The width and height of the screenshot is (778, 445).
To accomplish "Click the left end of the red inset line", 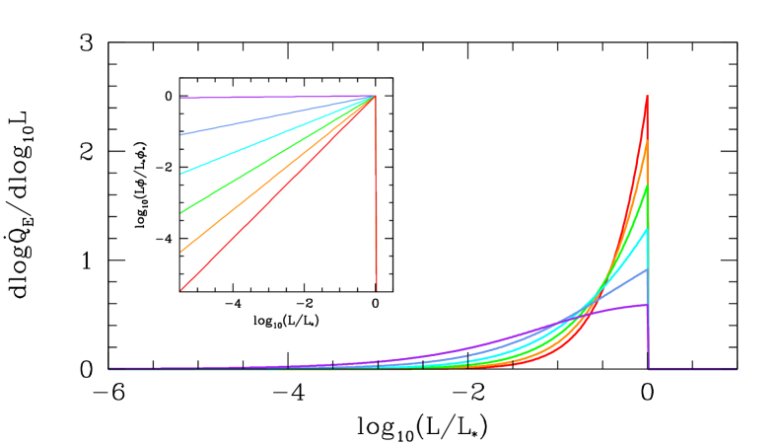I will click(181, 290).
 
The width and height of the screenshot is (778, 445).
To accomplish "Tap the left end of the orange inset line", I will click(181, 252).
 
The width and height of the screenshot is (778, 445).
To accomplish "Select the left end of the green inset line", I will click(181, 212).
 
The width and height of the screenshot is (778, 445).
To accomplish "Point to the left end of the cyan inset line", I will click(181, 174).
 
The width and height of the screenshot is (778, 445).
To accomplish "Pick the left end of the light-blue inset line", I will click(181, 134).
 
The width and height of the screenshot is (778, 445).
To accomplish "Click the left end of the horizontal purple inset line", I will click(181, 98).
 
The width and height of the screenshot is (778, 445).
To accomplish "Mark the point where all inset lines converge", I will click(376, 97).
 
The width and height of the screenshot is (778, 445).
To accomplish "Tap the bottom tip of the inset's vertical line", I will click(377, 290).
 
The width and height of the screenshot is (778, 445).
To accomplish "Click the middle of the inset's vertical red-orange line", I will click(376, 193).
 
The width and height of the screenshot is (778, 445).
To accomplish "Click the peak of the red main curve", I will click(647, 96).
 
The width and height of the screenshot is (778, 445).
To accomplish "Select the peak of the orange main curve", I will click(647, 141).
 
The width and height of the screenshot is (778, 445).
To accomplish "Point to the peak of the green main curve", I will click(647, 186).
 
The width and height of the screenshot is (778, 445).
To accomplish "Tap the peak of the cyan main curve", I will click(647, 229).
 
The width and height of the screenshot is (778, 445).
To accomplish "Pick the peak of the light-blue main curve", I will click(647, 268).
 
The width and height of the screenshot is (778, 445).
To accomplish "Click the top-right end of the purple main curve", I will click(647, 305).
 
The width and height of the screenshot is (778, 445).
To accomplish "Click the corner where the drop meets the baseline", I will click(649, 368).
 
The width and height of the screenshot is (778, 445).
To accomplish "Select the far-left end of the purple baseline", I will click(108, 368).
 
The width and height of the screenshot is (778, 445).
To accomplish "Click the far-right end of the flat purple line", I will click(737, 368).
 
